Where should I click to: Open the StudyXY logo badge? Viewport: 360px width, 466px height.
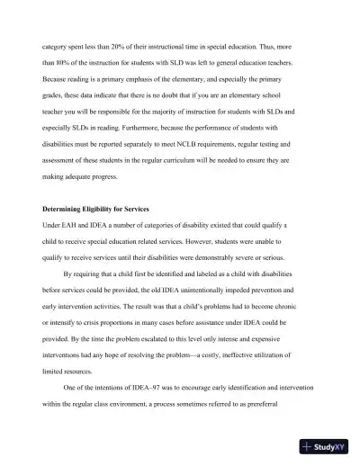point(325,445)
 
